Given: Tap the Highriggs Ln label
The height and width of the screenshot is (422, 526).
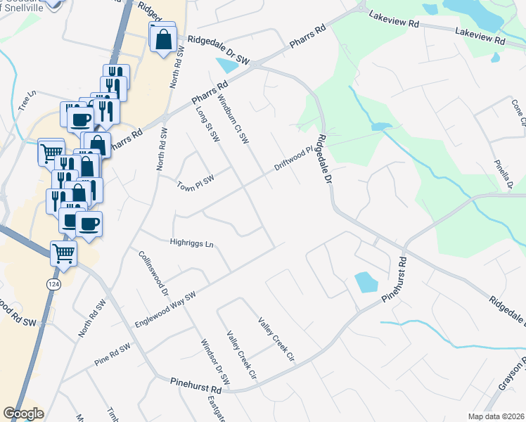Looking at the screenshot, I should click(x=191, y=243).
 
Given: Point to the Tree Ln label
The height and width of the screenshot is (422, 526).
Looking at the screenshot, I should click(x=27, y=103).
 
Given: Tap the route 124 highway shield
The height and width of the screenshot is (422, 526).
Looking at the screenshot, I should click(x=53, y=283).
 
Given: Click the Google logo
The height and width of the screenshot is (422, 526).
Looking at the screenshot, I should click(x=23, y=414).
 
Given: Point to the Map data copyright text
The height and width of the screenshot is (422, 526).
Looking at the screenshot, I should click(x=494, y=416).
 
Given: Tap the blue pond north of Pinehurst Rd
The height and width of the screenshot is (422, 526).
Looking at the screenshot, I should click(x=366, y=282).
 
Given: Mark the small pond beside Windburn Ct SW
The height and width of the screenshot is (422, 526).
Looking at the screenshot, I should click(x=228, y=66).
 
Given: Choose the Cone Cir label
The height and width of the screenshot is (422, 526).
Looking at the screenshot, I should click(x=518, y=110).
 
